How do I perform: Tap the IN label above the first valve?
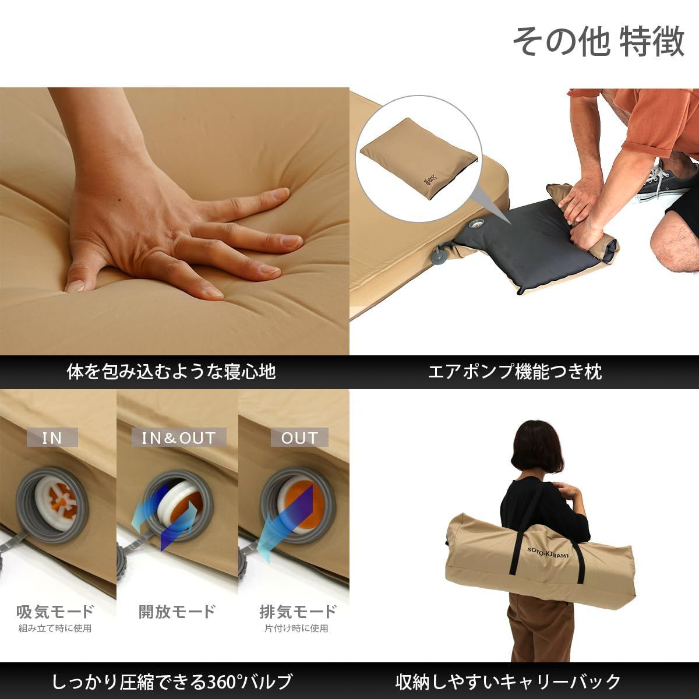52,437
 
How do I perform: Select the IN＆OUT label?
178,437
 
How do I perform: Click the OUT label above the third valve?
299,437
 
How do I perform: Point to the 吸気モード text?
55,612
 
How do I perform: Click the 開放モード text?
177,612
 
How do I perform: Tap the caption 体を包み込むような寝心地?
171,372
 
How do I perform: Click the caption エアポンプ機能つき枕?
515,372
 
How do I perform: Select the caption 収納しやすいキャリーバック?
508,681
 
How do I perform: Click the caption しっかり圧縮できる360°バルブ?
172,681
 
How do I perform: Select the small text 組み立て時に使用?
55,628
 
